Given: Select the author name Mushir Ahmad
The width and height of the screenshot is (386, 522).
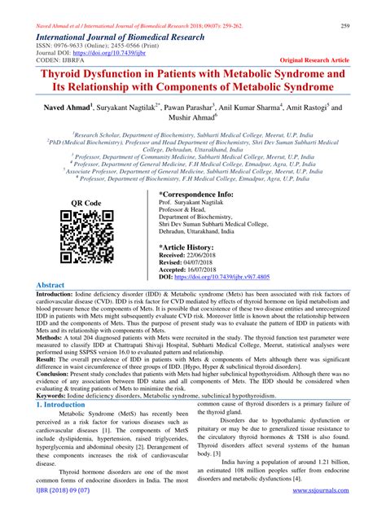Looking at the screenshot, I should click(x=193, y=120).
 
